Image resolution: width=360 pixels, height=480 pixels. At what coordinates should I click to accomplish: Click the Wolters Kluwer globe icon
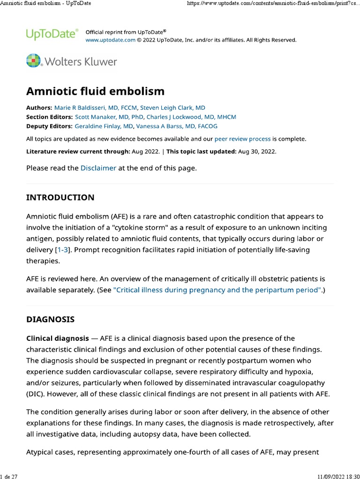(x=33, y=61)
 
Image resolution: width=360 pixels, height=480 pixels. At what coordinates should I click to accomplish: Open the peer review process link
(x=242, y=139)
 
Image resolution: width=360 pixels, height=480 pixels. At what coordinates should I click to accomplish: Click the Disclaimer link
(x=98, y=168)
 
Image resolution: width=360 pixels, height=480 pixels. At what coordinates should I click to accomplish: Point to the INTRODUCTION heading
(x=60, y=197)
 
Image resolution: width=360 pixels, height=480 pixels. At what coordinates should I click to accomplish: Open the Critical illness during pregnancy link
(x=217, y=290)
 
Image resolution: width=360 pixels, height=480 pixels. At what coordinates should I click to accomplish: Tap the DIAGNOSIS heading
(x=50, y=320)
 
